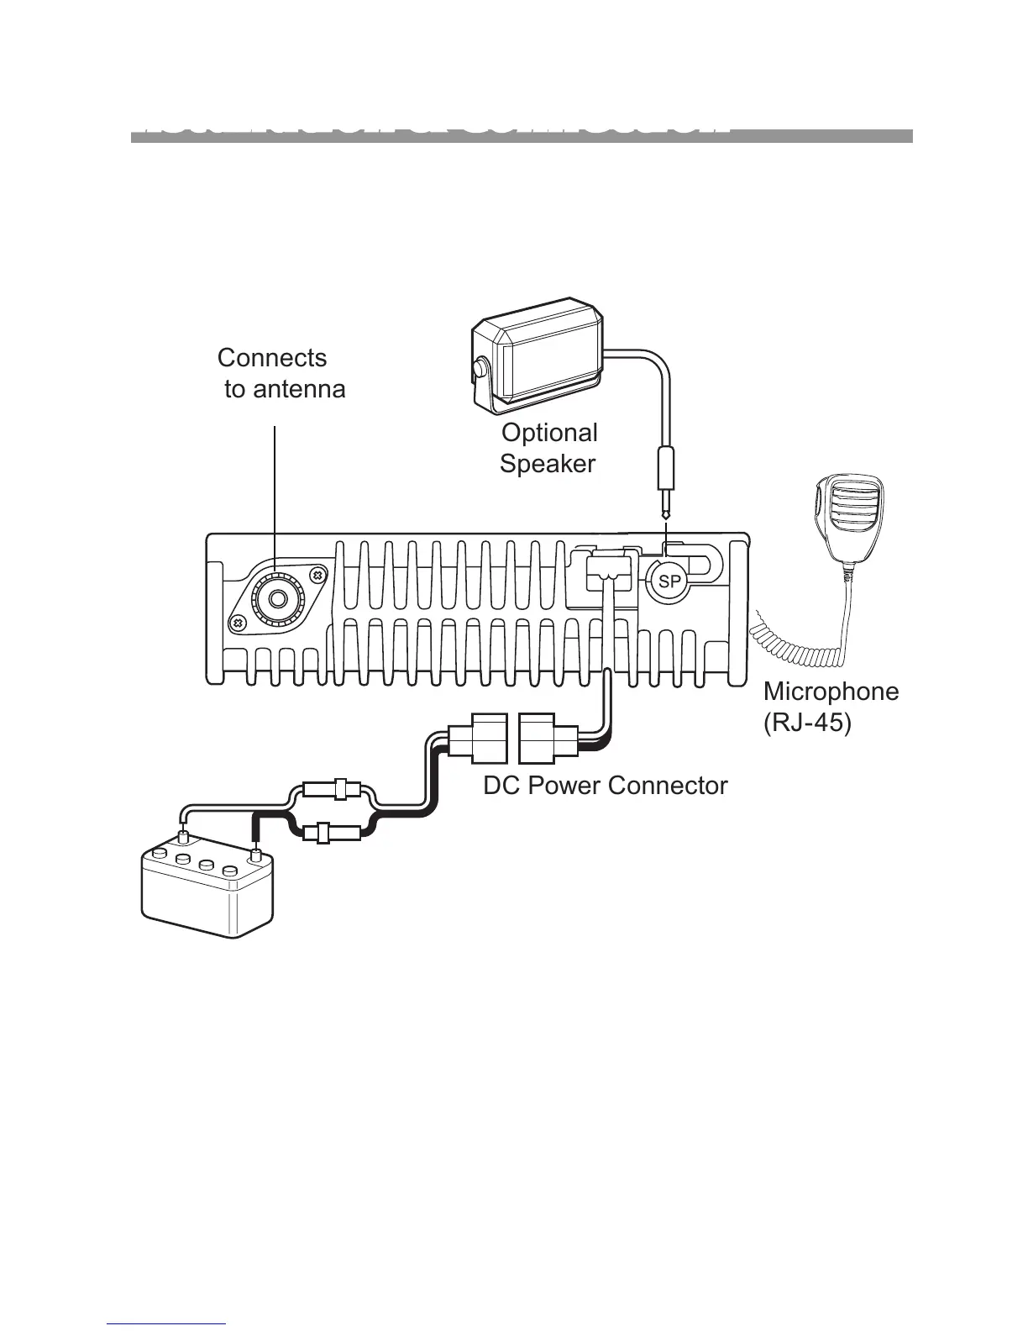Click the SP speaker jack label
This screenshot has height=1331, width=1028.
pyautogui.click(x=669, y=581)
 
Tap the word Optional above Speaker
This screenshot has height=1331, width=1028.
pyautogui.click(x=549, y=433)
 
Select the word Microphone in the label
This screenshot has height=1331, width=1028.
pyautogui.click(x=831, y=692)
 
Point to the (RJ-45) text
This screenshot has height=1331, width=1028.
pyautogui.click(x=806, y=723)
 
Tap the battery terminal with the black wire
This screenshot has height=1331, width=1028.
pyautogui.click(x=256, y=855)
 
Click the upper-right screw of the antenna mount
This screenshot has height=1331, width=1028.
pyautogui.click(x=317, y=575)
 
